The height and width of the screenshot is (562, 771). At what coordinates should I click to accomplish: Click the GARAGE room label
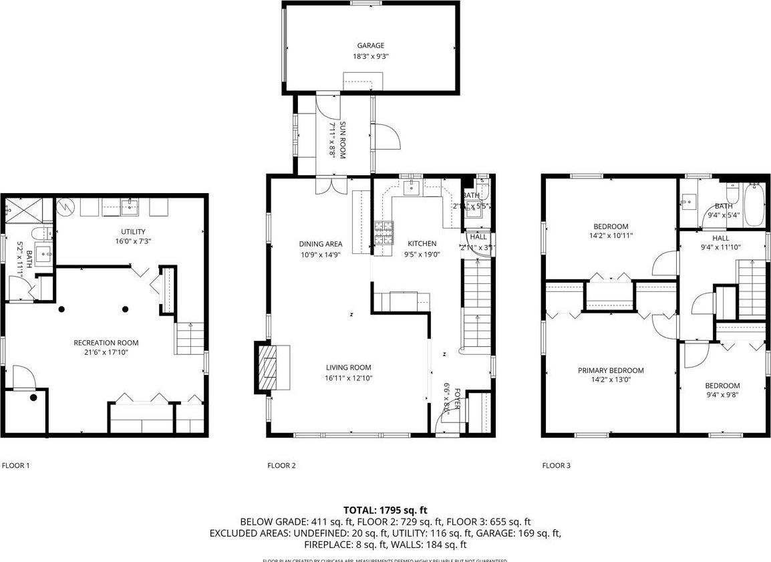click(x=370, y=45)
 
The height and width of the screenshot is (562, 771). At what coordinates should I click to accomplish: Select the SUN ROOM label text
click(x=342, y=139)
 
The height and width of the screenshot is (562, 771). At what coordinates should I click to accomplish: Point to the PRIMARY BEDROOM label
click(x=611, y=371)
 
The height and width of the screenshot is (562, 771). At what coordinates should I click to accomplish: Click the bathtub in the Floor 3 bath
click(x=754, y=206)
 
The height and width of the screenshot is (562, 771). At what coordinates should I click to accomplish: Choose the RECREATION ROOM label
click(x=106, y=343)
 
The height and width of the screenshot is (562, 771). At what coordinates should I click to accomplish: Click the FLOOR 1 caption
click(x=16, y=466)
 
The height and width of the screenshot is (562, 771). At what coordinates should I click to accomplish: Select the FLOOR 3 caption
click(x=556, y=466)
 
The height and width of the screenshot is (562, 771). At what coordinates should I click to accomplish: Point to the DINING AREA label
click(x=321, y=244)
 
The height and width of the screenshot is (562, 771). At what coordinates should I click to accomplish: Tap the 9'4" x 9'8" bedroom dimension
click(x=722, y=394)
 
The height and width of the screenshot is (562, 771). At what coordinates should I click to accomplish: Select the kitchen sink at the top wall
click(x=412, y=188)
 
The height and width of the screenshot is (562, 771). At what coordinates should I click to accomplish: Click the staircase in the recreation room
click(x=188, y=338)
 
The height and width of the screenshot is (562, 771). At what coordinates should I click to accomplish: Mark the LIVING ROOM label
click(x=348, y=368)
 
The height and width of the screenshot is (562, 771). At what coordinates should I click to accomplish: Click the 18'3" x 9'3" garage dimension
click(x=370, y=57)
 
